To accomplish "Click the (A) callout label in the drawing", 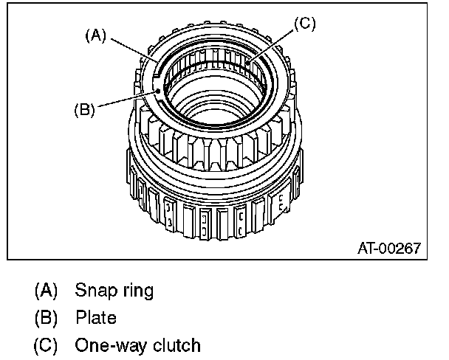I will [96, 35].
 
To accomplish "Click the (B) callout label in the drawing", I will [85, 110].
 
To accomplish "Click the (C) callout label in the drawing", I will [304, 24].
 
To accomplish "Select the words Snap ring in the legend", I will [114, 291].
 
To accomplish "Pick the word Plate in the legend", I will [96, 318].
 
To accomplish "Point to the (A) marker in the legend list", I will [46, 291].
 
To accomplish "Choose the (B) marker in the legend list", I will [46, 318].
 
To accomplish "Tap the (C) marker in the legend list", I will [46, 345].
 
